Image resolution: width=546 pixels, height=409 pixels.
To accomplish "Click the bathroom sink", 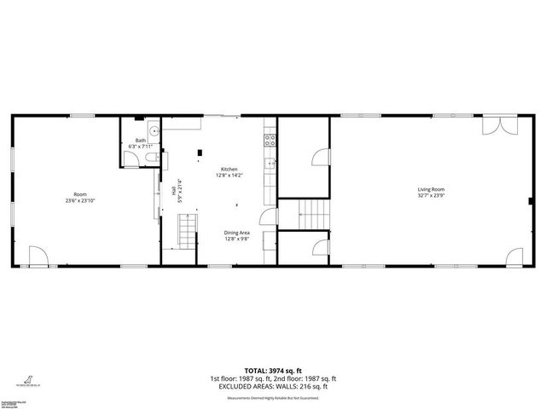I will (x=153, y=130).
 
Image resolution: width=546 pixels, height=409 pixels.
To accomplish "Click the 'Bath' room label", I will (x=140, y=140).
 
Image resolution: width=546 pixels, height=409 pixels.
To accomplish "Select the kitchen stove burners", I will (x=270, y=136).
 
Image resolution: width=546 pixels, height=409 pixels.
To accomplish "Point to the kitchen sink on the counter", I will (x=270, y=164).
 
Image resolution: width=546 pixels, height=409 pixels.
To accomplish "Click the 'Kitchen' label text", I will (x=229, y=169).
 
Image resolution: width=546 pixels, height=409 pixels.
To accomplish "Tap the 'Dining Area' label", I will (x=236, y=233).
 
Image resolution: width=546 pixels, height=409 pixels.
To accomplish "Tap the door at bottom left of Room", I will (x=38, y=256).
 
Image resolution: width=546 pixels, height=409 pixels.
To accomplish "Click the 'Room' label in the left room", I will (x=79, y=194).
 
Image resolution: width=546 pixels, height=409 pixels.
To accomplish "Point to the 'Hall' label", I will (x=173, y=192).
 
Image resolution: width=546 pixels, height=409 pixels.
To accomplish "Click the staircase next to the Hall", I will (x=187, y=231).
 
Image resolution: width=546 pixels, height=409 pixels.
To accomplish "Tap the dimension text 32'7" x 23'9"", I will (x=431, y=195).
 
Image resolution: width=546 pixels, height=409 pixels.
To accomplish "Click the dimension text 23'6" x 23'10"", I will (x=79, y=201).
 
